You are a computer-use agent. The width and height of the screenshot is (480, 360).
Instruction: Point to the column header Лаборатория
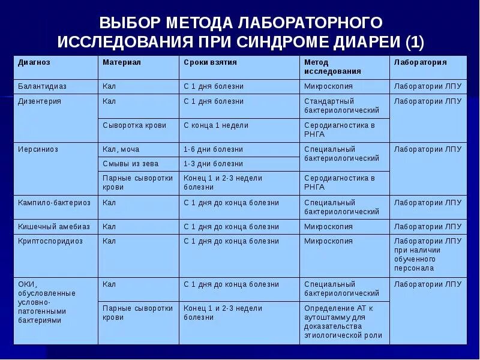pyautogui.click(x=420, y=62)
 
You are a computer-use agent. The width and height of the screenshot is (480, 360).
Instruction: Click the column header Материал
pyautogui.click(x=122, y=62)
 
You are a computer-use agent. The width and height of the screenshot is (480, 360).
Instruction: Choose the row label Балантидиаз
pyautogui.click(x=43, y=86)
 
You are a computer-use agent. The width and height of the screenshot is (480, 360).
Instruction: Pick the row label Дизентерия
pyautogui.click(x=40, y=101)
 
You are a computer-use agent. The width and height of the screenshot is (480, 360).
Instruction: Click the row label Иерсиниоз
pyautogui.click(x=38, y=149)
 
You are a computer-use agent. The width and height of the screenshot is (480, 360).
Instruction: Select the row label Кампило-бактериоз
pyautogui.click(x=54, y=203)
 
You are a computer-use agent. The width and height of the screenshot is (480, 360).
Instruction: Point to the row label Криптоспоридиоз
pyautogui.click(x=50, y=241)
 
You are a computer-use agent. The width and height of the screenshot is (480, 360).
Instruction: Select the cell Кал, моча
pyautogui.click(x=121, y=149)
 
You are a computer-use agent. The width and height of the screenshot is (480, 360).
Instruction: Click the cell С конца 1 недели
pyautogui.click(x=216, y=125)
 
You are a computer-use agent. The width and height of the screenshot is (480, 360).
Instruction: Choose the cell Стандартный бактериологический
pyautogui.click(x=341, y=106)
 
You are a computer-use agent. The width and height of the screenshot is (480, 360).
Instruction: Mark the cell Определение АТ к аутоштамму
pyautogui.click(x=343, y=322)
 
